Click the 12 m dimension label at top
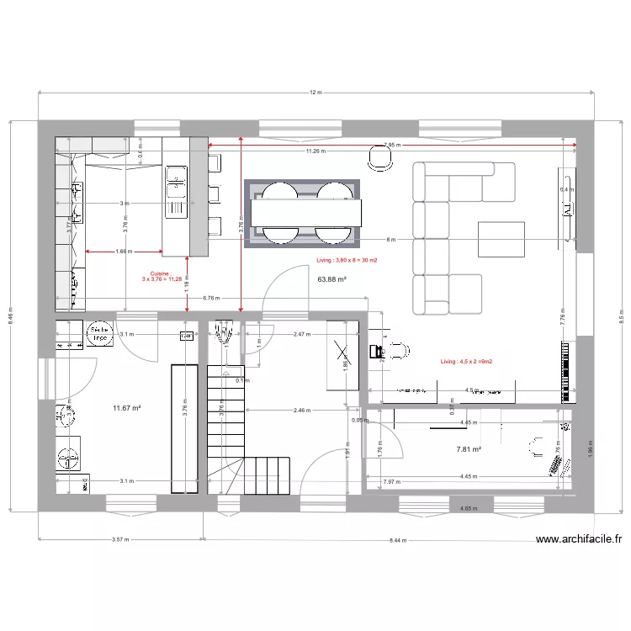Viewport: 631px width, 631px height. click(x=315, y=93)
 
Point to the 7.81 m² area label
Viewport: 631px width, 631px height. click(x=468, y=449)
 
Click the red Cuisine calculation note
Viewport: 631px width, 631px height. click(x=161, y=277)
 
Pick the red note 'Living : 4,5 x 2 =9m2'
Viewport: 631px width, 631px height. click(x=466, y=362)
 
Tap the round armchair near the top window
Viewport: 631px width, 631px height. click(x=380, y=158)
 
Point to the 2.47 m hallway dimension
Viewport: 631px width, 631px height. click(x=304, y=335)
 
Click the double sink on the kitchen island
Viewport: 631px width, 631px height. click(x=176, y=190)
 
